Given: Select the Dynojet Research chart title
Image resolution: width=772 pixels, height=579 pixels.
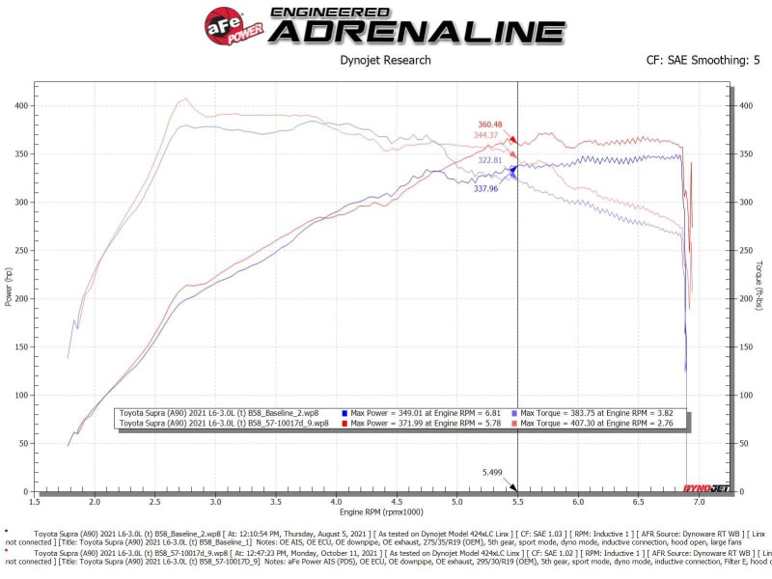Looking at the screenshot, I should pos(385,60).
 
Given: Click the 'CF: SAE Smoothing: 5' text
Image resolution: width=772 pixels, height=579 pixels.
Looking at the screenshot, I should pos(702,60).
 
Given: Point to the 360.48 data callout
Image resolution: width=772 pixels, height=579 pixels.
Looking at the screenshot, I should pos(490,124).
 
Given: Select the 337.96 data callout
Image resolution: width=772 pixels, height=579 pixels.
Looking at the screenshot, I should pos(485,189).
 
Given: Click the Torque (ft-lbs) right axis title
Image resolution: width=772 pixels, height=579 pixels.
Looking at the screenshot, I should pos(759,287).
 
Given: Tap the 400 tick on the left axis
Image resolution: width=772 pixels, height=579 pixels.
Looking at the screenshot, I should pos(21,105).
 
